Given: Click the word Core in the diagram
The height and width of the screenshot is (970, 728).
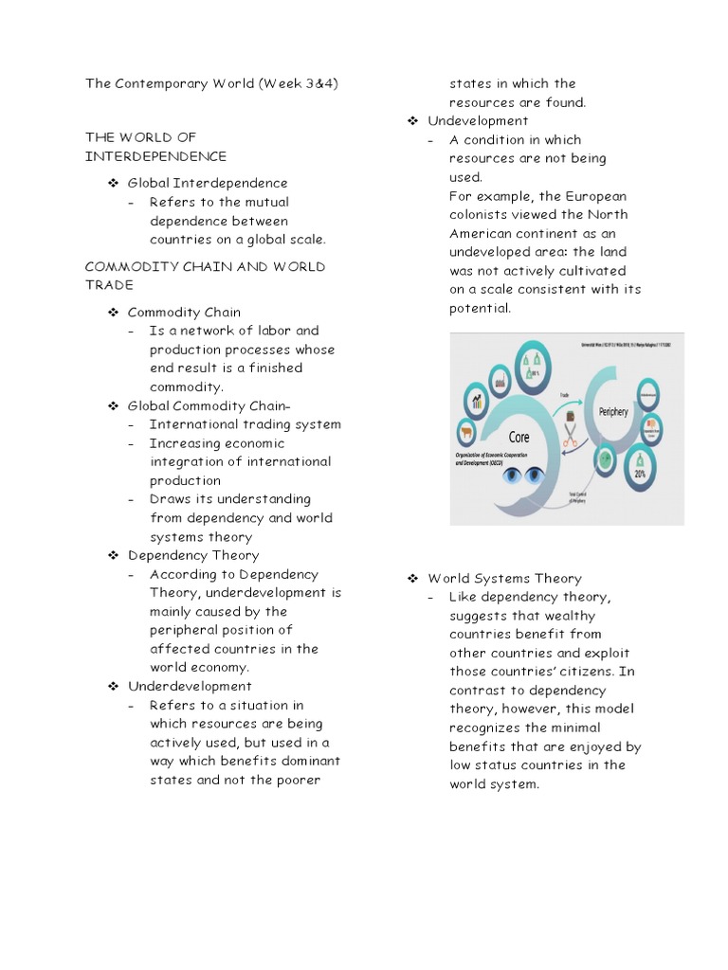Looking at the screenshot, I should [519, 438].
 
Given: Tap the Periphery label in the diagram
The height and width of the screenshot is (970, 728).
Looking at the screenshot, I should [612, 412].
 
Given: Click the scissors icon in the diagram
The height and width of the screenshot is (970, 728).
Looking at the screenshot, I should [571, 438].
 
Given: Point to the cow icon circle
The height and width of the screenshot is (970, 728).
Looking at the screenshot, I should [466, 434].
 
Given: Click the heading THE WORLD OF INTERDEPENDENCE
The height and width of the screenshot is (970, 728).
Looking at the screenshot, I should [156, 147].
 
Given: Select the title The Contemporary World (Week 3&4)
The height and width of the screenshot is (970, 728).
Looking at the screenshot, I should [211, 83].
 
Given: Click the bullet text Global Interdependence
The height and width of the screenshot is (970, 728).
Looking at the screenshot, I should [208, 183].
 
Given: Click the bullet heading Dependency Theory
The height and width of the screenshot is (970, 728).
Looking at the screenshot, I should [192, 555].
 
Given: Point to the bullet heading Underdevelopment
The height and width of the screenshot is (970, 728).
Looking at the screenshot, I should [190, 686].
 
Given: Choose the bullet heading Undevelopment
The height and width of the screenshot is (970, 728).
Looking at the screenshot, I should [478, 120].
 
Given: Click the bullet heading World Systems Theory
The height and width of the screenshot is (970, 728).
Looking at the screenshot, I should [504, 578].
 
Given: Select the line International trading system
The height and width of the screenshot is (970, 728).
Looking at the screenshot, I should [245, 424].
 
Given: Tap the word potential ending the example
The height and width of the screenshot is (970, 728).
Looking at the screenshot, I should [480, 308].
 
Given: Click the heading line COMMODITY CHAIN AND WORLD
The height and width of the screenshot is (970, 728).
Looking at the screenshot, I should [205, 266].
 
